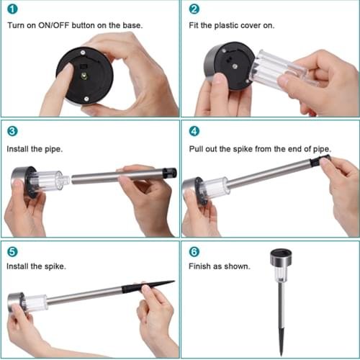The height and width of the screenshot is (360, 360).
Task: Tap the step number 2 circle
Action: pos(194,10)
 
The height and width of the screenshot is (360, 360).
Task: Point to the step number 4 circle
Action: pos(194,131)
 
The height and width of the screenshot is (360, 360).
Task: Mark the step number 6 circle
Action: pos(194,253)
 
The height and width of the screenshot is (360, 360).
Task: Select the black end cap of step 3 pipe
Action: pos(169,173)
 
